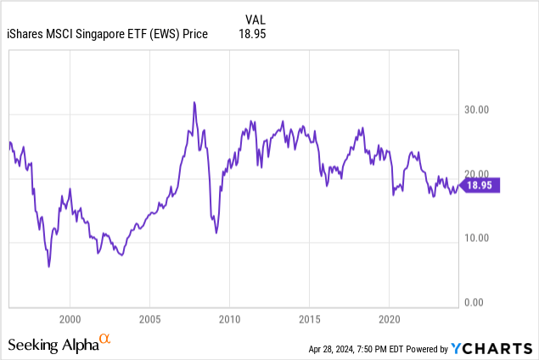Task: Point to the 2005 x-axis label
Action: point(149,322)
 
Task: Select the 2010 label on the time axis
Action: point(229,322)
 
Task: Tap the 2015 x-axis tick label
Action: point(309,322)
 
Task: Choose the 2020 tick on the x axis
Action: point(389,322)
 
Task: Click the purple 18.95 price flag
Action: point(483,184)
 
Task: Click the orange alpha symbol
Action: point(105,340)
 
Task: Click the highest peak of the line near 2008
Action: point(194,102)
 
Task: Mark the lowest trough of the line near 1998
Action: point(48,267)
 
